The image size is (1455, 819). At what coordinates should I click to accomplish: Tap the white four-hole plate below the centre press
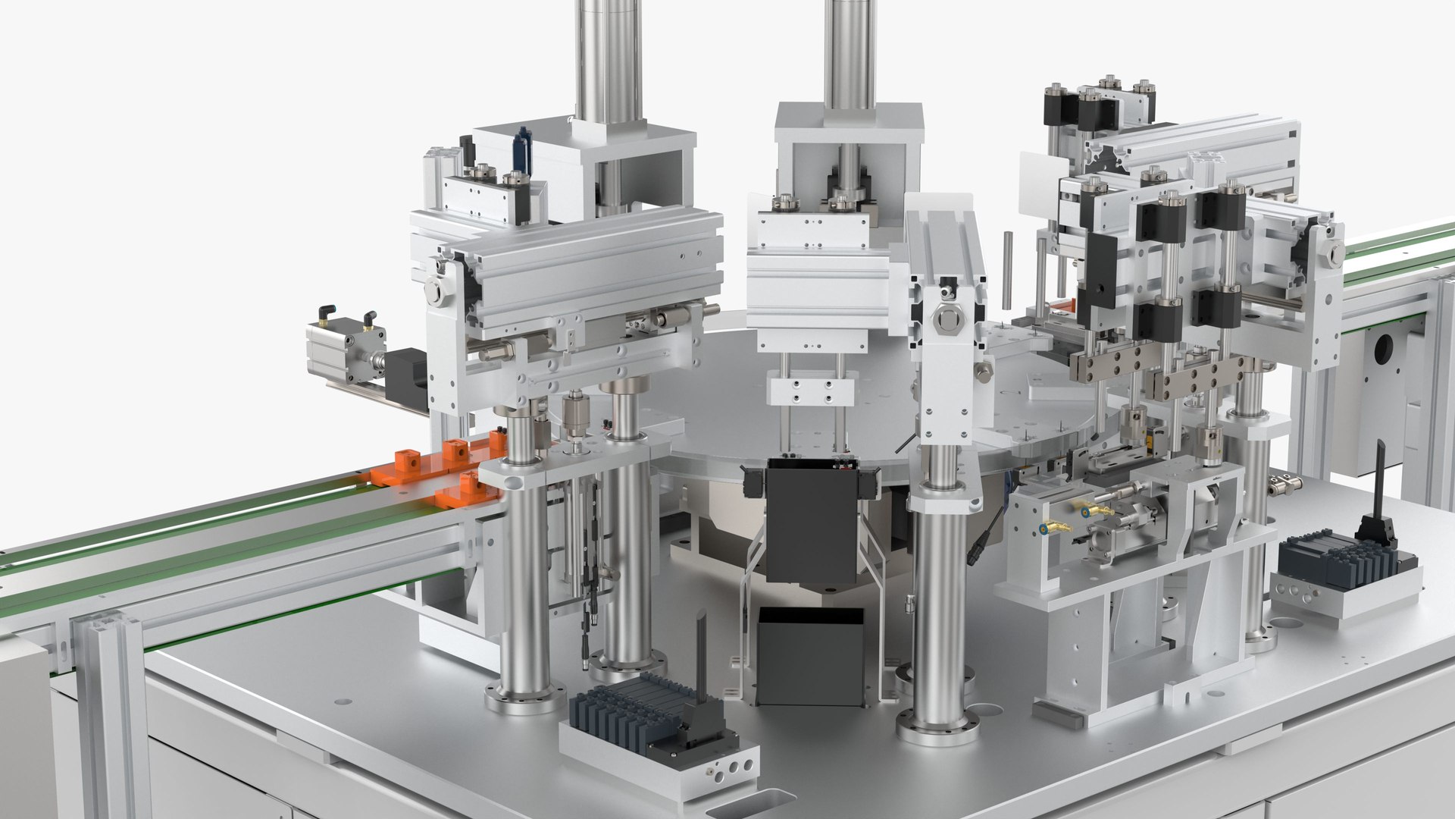point(812,391)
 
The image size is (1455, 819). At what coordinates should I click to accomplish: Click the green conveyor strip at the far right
point(1402,250)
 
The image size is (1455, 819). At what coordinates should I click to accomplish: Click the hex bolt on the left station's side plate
point(435,289)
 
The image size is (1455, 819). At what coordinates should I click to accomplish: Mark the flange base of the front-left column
point(526,698)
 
